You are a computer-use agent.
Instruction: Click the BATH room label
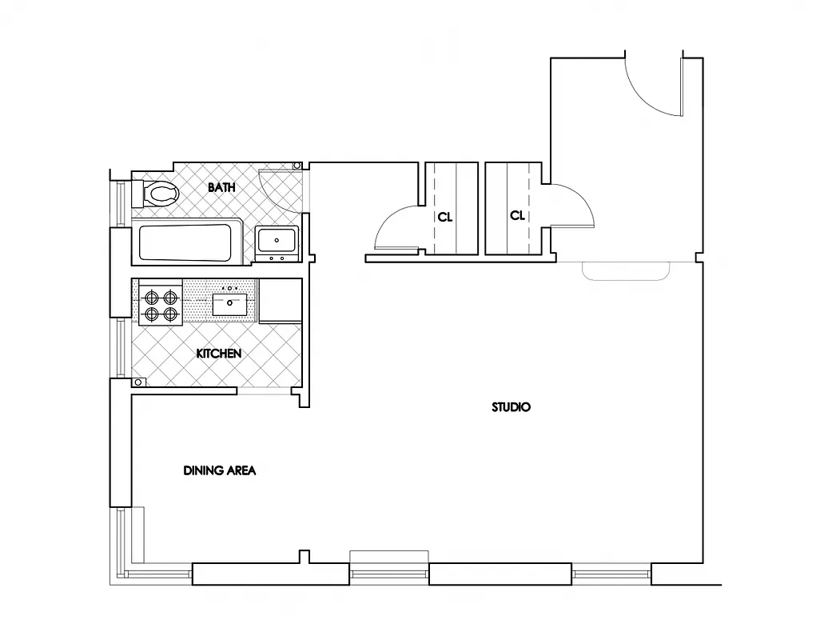[221, 187]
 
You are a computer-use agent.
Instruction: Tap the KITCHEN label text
[218, 353]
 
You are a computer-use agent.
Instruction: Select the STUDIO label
[511, 407]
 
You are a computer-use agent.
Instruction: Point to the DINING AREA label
[220, 470]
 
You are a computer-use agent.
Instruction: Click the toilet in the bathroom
[161, 193]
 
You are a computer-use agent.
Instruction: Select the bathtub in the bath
[186, 242]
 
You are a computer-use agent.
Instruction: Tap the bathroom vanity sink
[277, 240]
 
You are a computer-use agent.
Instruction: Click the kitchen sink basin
[232, 303]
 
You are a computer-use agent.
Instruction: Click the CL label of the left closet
[444, 216]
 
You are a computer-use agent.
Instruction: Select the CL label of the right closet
[518, 215]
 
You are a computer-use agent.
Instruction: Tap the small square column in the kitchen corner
[137, 383]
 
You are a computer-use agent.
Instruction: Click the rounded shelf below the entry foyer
[626, 271]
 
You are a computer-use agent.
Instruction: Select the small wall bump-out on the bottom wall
[304, 557]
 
